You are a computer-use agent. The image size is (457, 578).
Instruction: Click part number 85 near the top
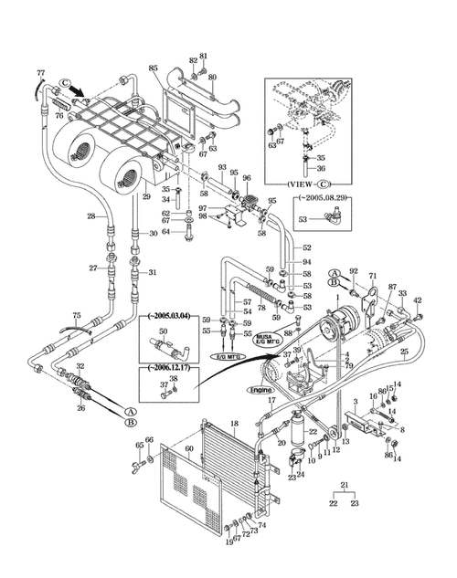tap(153, 68)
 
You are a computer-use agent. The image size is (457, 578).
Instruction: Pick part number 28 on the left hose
tap(91, 216)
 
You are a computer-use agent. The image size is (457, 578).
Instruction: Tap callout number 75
tap(77, 315)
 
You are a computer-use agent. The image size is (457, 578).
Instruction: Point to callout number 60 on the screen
tap(189, 449)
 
